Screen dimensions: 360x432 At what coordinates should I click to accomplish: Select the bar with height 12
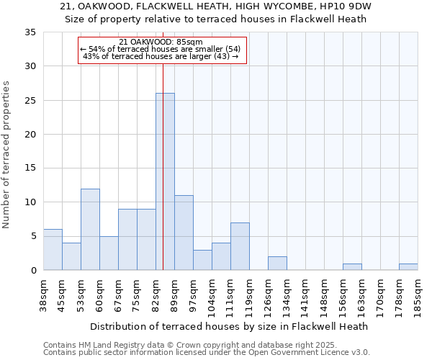point(90,229)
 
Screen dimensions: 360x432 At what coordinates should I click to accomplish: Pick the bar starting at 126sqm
point(277,264)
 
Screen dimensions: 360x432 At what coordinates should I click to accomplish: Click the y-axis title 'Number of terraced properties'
point(6,155)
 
